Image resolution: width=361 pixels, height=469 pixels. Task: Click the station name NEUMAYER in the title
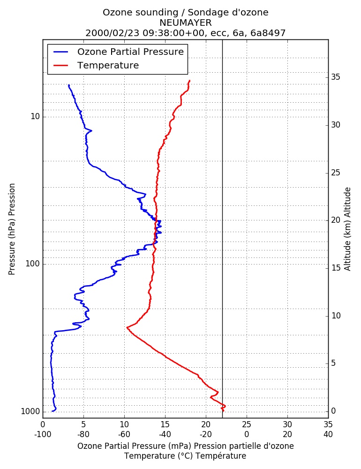click(x=186, y=23)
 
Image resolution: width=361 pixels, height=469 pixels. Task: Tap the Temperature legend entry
click(x=96, y=65)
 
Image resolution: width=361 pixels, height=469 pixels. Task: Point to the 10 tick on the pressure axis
click(x=35, y=116)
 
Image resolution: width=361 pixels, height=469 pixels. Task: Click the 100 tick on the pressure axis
click(x=33, y=264)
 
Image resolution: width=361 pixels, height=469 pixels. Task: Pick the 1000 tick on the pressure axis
click(x=30, y=412)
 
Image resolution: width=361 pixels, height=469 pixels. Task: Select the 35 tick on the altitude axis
click(x=336, y=77)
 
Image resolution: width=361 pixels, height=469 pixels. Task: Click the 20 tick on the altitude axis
click(x=336, y=220)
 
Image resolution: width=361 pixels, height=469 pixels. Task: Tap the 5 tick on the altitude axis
click(x=333, y=363)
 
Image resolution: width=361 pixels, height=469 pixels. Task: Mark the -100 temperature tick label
click(x=43, y=434)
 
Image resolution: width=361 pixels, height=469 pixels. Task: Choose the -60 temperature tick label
click(x=124, y=434)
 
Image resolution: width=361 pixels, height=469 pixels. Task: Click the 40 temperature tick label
click(x=328, y=434)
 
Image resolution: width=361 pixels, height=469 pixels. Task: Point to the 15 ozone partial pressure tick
click(x=165, y=424)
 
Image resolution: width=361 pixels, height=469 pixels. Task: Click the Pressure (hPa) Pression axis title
click(x=12, y=229)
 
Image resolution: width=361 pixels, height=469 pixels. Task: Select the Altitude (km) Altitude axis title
click(x=347, y=229)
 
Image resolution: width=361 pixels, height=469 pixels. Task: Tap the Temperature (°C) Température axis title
click(x=186, y=456)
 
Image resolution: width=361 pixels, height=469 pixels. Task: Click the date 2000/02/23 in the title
click(x=113, y=33)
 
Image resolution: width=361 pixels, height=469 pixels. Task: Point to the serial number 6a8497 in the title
click(x=268, y=33)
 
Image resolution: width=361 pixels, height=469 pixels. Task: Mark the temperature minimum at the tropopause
click(x=128, y=327)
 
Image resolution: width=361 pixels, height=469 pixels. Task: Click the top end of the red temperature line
click(x=189, y=81)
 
